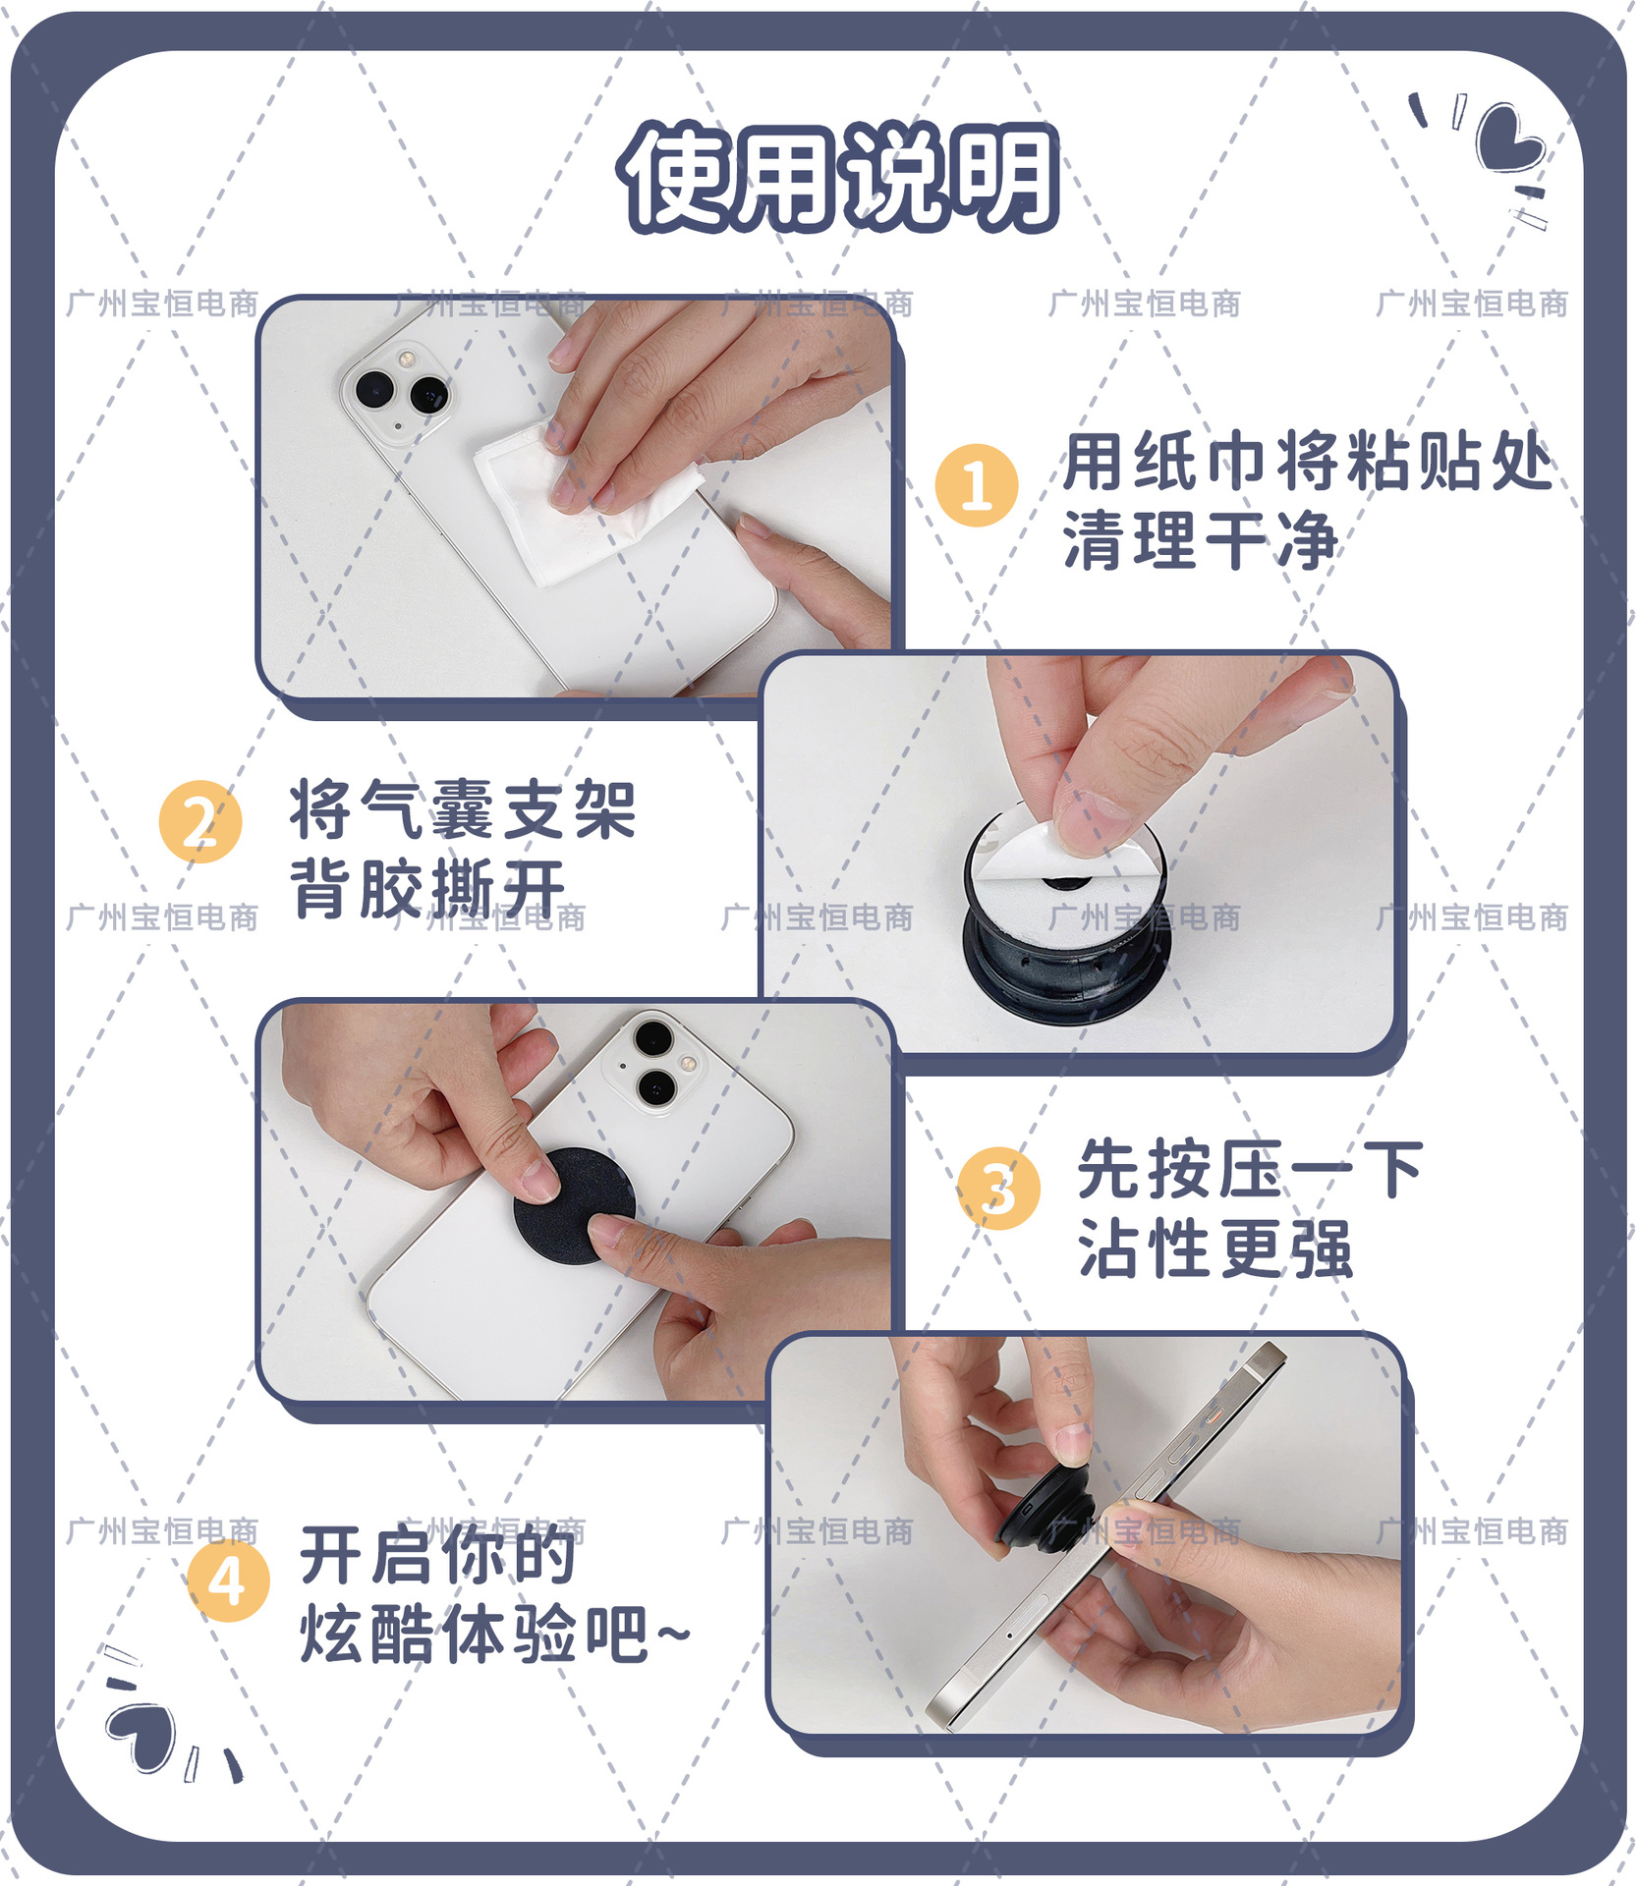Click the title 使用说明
point(838,177)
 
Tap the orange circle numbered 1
point(976,485)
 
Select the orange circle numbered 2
point(200,821)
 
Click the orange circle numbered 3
point(998,1189)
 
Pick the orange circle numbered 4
point(228,1581)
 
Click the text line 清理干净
point(1201,540)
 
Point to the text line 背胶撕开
point(429,888)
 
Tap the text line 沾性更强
point(1215,1248)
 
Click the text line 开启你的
point(438,1556)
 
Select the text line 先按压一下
point(1251,1170)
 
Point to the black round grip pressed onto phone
point(574,1206)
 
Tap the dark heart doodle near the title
point(1509,147)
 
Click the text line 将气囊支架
point(463,809)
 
